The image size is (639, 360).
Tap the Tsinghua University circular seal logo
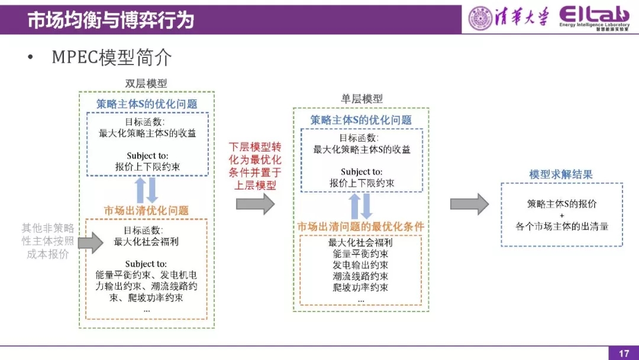click(480, 18)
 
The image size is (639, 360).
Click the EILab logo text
click(595, 16)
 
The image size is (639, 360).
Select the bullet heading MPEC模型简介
click(112, 57)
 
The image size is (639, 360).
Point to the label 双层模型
click(146, 83)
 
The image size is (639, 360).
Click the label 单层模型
click(362, 99)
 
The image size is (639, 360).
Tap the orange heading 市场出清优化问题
click(146, 210)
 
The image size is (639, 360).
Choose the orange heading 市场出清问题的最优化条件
click(360, 227)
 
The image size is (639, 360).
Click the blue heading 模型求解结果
click(561, 175)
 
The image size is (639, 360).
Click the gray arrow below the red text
click(255, 204)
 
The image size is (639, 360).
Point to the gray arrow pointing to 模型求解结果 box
click(469, 204)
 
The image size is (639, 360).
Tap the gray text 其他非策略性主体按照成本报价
click(48, 241)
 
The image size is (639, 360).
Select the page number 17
click(624, 353)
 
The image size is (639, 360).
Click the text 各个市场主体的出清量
click(561, 226)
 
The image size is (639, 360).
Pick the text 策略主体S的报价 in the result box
click(561, 204)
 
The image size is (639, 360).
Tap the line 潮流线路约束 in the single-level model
click(360, 277)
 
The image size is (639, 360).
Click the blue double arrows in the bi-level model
click(146, 190)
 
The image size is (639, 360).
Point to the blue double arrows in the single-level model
click(360, 206)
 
